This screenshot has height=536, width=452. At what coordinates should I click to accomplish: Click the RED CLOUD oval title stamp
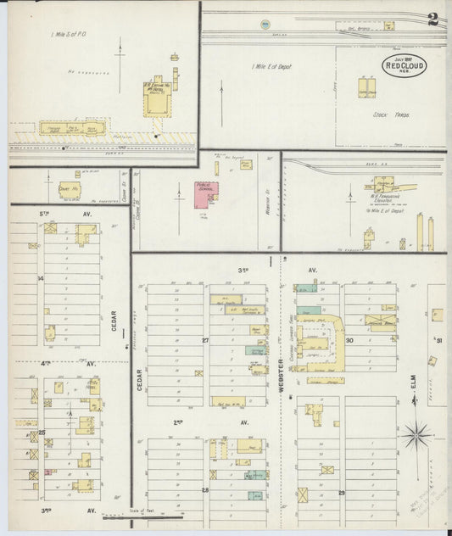[405, 65]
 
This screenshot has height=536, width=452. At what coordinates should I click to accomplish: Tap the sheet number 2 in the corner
[433, 20]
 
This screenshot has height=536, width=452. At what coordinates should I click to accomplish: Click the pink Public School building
[206, 193]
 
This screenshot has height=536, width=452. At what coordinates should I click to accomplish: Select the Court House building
[70, 192]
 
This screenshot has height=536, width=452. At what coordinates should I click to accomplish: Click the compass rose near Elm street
[416, 437]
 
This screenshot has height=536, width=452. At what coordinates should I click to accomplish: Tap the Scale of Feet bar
[153, 514]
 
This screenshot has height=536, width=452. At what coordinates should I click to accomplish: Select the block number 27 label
[205, 340]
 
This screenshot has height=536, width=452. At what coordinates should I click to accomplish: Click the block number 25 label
[42, 433]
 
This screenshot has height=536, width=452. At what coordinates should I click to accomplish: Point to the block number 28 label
[204, 490]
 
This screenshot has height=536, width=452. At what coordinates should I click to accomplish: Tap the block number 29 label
[342, 492]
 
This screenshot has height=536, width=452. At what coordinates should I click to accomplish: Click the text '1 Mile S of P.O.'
[70, 34]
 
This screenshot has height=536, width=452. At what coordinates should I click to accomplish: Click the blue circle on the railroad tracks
[265, 23]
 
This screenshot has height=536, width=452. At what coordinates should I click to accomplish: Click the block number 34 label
[40, 278]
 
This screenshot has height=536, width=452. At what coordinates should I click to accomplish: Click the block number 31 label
[438, 340]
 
